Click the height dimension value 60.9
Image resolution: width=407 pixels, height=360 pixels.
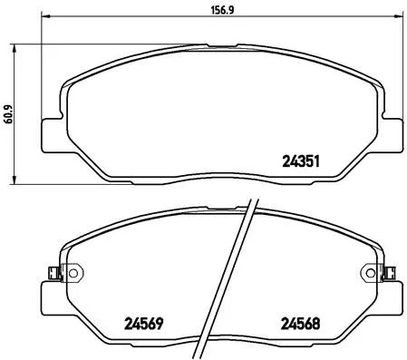click(10, 115)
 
